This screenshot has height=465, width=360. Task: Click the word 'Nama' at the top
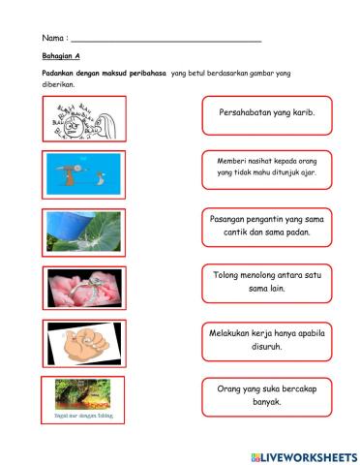point(53,38)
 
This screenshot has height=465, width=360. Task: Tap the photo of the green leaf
point(84,229)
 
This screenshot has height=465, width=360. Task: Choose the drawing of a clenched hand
point(83,342)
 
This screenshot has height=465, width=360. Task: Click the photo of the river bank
point(84,393)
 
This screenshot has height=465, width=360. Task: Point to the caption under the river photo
point(84,416)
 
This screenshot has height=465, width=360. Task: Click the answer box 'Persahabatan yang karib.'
point(267,112)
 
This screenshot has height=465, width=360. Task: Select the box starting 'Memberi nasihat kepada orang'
point(267,168)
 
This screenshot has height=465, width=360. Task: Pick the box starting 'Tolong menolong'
point(267,282)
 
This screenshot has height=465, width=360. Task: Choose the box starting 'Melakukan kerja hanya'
point(267,339)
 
